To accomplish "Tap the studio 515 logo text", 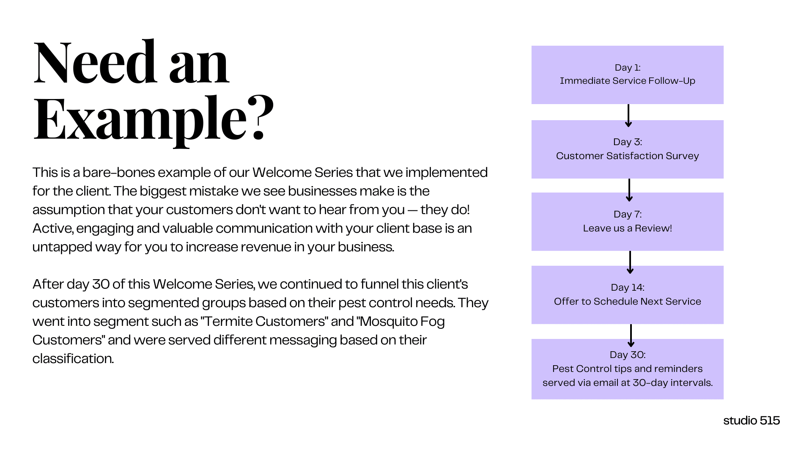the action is tap(752, 420).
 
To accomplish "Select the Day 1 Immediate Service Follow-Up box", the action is tap(627, 75).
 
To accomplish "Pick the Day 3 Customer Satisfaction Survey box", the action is tap(627, 149).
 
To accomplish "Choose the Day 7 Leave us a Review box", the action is tap(627, 222).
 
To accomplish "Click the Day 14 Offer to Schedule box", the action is tap(627, 295).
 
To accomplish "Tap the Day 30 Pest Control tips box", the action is tap(627, 369).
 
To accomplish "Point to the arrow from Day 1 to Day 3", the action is tap(628, 116).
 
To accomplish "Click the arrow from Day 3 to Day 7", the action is tap(629, 190).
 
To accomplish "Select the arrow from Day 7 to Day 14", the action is tap(630, 262).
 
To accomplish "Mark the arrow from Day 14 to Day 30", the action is tap(631, 336).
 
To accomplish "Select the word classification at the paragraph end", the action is tap(72, 359).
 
